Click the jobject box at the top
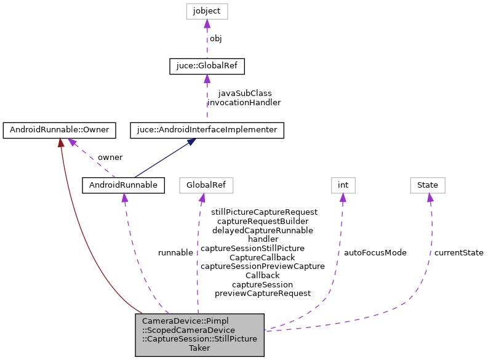pos(207,11)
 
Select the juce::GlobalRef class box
pos(207,66)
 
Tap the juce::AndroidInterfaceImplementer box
pos(207,130)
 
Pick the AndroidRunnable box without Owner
pos(124,185)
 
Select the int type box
pos(343,185)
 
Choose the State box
pos(428,185)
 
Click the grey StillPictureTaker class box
pos(200,334)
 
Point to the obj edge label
pos(216,38)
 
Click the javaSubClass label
pos(244,93)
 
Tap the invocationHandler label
pos(244,102)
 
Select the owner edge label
pos(110,157)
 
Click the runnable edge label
pos(175,252)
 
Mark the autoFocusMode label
pos(375,252)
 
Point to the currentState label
pos(458,252)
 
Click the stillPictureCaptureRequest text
pos(264,212)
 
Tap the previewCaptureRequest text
pos(263,294)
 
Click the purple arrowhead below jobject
pos(207,24)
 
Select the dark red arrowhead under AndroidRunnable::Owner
pos(60,143)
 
